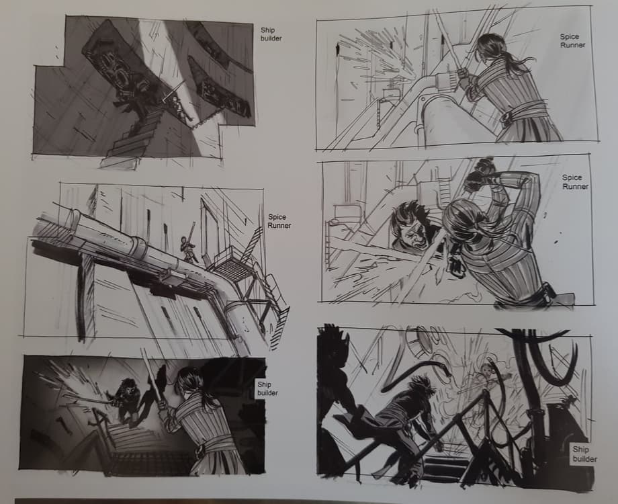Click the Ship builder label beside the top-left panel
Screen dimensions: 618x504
pyautogui.click(x=271, y=34)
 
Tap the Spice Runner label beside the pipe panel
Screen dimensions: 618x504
pyautogui.click(x=279, y=221)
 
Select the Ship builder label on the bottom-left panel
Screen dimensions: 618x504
pyautogui.click(x=267, y=388)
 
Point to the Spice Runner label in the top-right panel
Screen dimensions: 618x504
pyautogui.click(x=572, y=40)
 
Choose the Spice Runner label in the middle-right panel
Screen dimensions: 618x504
pyautogui.click(x=575, y=182)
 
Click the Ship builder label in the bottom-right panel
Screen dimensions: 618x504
pyautogui.click(x=584, y=454)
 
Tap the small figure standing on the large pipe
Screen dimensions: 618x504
pyautogui.click(x=187, y=245)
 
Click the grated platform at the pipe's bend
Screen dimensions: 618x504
pyautogui.click(x=230, y=267)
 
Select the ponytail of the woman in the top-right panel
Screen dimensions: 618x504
pyautogui.click(x=509, y=63)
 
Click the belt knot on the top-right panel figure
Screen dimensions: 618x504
pyautogui.click(x=508, y=116)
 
